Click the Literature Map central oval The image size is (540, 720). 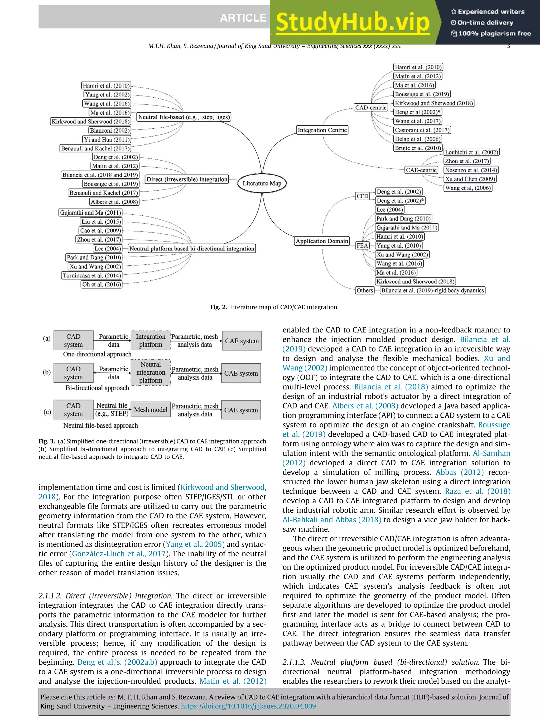tap(262, 183)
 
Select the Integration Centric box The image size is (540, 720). tap(322, 130)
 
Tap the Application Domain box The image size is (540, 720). tap(322, 241)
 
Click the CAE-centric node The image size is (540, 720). tap(421, 170)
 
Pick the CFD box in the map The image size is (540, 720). tap(362, 196)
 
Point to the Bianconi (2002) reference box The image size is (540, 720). tap(110, 131)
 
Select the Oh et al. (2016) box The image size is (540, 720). tap(101, 284)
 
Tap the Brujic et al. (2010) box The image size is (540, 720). tap(418, 148)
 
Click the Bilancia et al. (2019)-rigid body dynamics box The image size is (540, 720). tap(432, 290)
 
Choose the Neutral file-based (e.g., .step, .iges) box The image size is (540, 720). tap(184, 117)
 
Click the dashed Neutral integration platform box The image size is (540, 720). tap(150, 372)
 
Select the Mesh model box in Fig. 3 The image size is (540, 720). tap(150, 410)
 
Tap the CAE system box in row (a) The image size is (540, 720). tap(242, 341)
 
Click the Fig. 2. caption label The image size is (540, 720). tap(218, 307)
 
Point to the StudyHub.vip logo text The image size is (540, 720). tap(353, 22)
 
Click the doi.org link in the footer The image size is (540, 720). tap(248, 706)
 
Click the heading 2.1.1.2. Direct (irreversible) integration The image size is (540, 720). tap(105, 596)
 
